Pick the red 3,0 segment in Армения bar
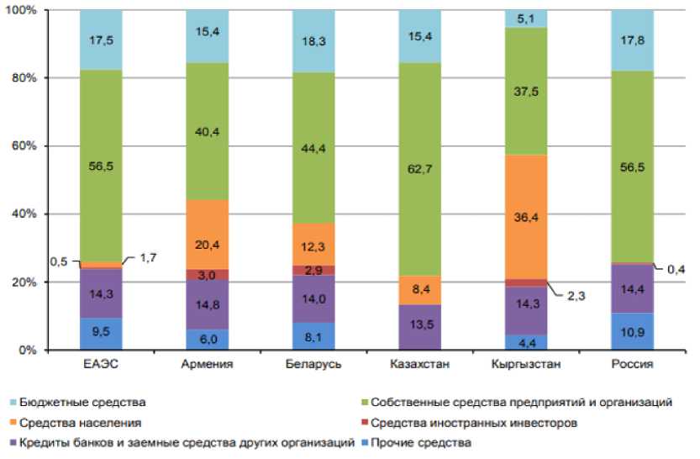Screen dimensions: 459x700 coord(207,274)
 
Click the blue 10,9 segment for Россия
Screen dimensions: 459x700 coord(632,331)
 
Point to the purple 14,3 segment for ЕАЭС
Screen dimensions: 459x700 coord(101,293)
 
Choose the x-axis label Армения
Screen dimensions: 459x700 coord(207,365)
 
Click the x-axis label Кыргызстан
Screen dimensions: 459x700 coord(526,365)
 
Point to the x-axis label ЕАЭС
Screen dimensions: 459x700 coord(101,365)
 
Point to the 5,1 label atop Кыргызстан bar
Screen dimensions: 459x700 coord(526,18)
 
